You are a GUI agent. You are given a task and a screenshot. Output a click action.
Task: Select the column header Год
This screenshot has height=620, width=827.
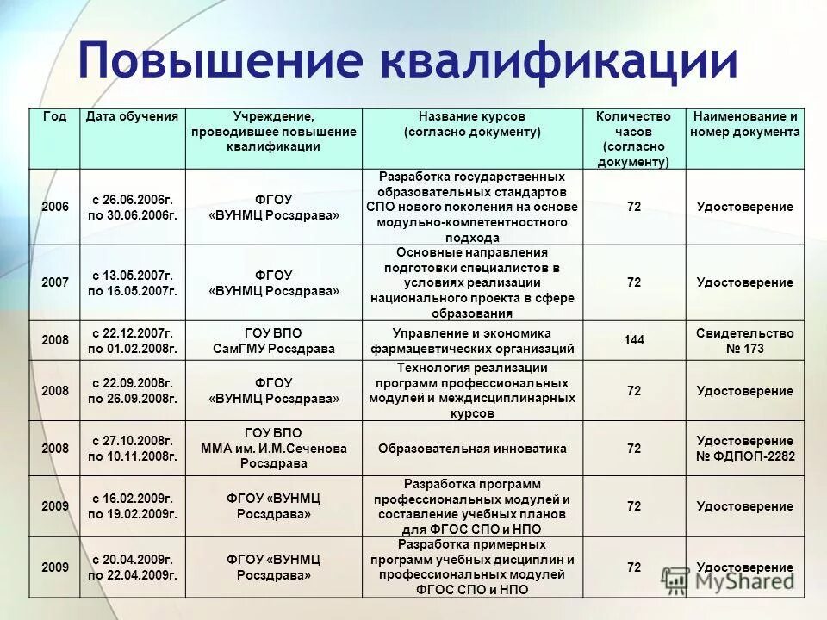click(54, 116)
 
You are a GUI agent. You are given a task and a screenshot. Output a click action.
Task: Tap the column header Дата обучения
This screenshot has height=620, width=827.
click(133, 116)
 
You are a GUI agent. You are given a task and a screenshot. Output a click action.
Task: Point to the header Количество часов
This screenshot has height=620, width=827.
click(633, 138)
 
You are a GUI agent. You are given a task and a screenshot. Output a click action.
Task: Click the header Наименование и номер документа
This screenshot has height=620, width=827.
click(745, 124)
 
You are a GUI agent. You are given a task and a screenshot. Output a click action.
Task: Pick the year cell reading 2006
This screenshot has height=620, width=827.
click(55, 208)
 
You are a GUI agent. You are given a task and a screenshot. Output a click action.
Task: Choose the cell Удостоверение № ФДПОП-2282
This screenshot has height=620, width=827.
click(745, 449)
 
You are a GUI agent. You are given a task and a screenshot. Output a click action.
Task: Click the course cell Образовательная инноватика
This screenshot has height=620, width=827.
click(472, 449)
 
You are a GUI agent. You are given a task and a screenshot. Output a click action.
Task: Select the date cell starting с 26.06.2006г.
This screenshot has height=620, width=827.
click(133, 208)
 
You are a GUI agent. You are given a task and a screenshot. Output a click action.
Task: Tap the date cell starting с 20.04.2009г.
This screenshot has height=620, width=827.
click(133, 567)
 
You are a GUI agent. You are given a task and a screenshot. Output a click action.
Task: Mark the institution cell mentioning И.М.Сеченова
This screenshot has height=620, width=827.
click(274, 449)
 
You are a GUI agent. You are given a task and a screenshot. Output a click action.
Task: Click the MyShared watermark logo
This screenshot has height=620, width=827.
click(728, 580)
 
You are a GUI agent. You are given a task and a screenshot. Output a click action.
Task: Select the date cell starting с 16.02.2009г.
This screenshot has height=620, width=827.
click(133, 506)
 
